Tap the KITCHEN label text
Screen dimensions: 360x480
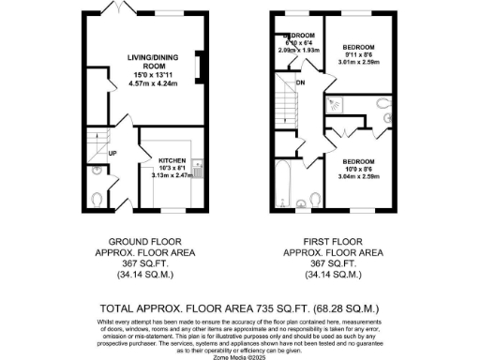[176, 159]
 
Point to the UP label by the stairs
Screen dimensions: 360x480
[112, 152]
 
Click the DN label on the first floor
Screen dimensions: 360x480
[300, 83]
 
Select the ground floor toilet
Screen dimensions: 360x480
[99, 199]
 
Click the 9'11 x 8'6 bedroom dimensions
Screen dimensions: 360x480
[358, 56]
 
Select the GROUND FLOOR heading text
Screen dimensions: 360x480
[139, 240]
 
